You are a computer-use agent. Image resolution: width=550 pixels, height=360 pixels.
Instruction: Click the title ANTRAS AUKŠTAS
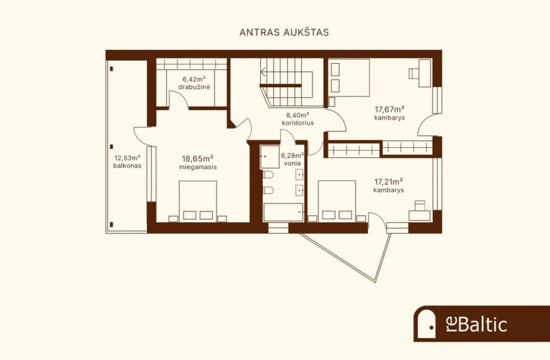(284, 32)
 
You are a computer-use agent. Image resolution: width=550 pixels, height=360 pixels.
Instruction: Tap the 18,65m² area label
(198, 159)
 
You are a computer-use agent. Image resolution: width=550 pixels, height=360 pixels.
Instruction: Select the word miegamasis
(198, 167)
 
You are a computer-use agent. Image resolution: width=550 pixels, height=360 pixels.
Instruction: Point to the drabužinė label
(194, 87)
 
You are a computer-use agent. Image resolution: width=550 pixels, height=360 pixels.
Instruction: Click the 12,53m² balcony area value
(128, 157)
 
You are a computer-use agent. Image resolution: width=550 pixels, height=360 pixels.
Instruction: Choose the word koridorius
(298, 123)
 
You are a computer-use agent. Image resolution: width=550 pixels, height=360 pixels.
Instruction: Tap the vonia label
(292, 163)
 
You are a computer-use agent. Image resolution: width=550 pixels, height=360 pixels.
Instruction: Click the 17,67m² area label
(390, 109)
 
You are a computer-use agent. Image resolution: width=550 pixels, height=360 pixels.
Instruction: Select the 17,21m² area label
(388, 182)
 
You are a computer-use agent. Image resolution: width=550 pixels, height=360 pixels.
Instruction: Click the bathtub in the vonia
(283, 212)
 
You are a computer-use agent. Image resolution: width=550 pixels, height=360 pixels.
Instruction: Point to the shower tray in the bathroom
(270, 157)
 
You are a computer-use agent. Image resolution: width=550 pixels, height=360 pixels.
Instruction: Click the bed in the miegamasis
(198, 201)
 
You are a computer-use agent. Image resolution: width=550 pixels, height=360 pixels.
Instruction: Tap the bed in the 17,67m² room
(349, 78)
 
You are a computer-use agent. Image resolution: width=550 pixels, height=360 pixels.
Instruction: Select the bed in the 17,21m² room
(337, 201)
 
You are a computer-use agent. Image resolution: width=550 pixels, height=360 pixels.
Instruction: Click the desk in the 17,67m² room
(425, 73)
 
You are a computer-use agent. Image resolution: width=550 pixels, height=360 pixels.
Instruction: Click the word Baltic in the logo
(482, 324)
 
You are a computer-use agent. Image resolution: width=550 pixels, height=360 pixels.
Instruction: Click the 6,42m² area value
(194, 80)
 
